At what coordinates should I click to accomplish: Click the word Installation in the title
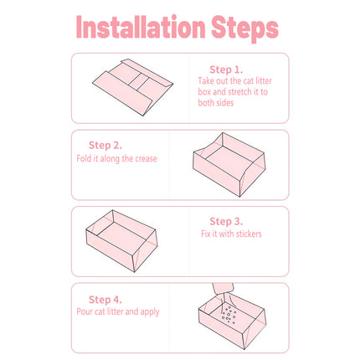pyautogui.click(x=141, y=27)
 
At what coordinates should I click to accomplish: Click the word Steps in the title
pyautogui.click(x=245, y=28)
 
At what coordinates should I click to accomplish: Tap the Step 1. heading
pyautogui.click(x=226, y=69)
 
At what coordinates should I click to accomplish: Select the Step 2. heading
pyautogui.click(x=105, y=145)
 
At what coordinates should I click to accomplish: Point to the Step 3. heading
pyautogui.click(x=226, y=221)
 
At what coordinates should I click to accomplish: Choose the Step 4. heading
pyautogui.click(x=105, y=300)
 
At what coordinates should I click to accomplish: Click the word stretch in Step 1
pyautogui.click(x=240, y=92)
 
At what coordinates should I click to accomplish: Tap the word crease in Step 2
pyautogui.click(x=146, y=159)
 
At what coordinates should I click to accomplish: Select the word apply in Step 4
pyautogui.click(x=150, y=312)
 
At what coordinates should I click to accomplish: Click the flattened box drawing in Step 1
pyautogui.click(x=133, y=87)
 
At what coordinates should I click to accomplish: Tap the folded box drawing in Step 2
pyautogui.click(x=229, y=165)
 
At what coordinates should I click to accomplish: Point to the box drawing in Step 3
pyautogui.click(x=121, y=241)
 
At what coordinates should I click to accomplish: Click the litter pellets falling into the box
pyautogui.click(x=229, y=315)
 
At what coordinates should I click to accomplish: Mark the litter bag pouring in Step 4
pyautogui.click(x=223, y=289)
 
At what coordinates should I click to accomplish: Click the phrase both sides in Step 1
pyautogui.click(x=216, y=103)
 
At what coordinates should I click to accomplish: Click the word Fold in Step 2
pyautogui.click(x=84, y=158)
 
